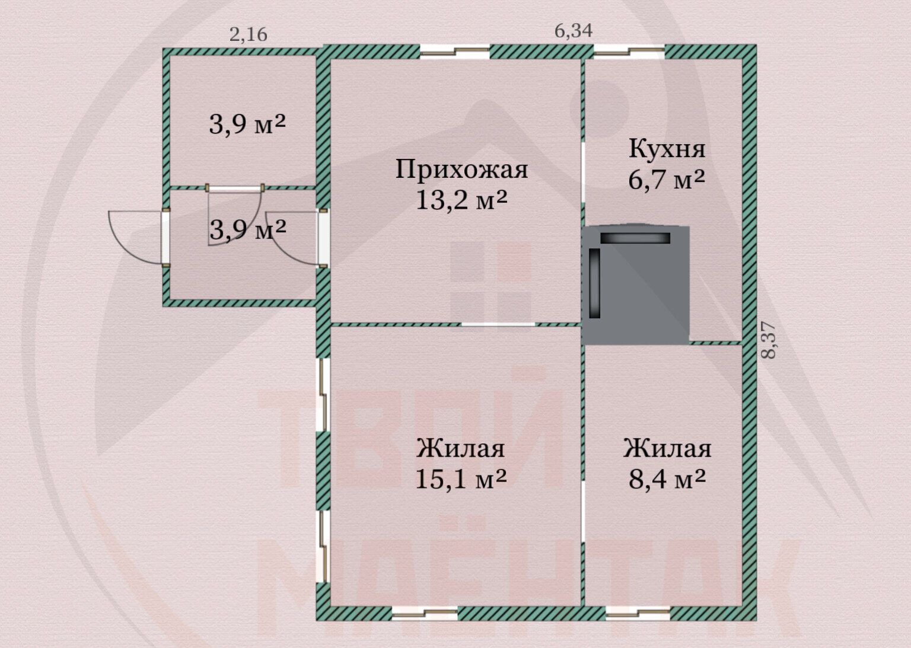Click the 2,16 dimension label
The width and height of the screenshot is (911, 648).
click(248, 35)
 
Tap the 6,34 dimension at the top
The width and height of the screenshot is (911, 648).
click(574, 31)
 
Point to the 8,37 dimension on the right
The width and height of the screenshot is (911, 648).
click(768, 340)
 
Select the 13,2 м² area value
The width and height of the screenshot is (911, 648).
click(461, 199)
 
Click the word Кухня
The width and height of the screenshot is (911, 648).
click(667, 148)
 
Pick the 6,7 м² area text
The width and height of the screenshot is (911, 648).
click(667, 179)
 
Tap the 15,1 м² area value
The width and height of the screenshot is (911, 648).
click(461, 479)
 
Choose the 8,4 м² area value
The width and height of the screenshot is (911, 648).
click(667, 479)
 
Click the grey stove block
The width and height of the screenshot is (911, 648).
click(636, 285)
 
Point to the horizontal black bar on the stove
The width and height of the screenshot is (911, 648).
click(635, 238)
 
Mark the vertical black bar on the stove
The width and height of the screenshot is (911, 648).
click(595, 283)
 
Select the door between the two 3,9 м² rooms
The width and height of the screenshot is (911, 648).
click(235, 188)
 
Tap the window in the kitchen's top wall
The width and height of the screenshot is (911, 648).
click(629, 51)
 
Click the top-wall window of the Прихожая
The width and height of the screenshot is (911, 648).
click(454, 51)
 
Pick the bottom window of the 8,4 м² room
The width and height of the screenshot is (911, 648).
click(638, 612)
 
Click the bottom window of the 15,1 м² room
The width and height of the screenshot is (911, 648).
click(425, 612)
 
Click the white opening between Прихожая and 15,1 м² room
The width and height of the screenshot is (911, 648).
click(498, 324)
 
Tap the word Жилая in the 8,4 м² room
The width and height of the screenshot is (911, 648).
click(667, 449)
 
